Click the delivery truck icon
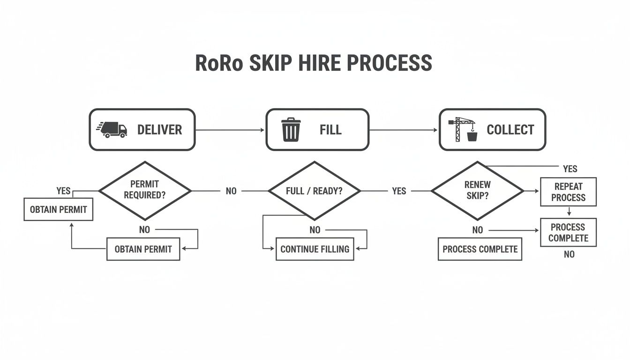point(112,129)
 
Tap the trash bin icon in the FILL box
point(291,130)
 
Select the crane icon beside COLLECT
point(462,129)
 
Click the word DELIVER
point(159,130)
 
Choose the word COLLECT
point(510,130)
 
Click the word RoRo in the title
point(219,63)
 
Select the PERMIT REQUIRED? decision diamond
point(145,191)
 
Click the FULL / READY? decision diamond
point(314,191)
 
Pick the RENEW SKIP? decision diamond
point(477,191)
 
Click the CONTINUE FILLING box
point(315,249)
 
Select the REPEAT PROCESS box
point(568,192)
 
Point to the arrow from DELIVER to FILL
point(230,130)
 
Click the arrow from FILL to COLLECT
point(404,130)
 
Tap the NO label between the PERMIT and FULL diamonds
point(231,191)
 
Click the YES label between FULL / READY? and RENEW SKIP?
point(399,191)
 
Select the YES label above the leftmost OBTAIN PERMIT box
point(63,191)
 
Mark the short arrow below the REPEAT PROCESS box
point(568,212)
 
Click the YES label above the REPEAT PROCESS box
point(570,169)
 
